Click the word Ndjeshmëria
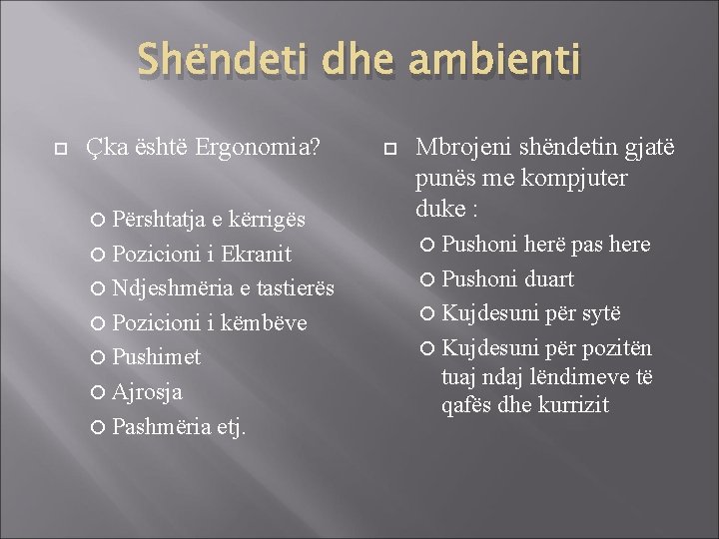[174, 288]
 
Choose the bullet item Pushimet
[157, 357]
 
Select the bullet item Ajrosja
[148, 392]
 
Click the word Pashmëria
[162, 427]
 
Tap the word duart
[549, 278]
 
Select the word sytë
[600, 313]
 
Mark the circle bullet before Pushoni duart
[430, 279]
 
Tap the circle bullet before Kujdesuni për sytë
[430, 314]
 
